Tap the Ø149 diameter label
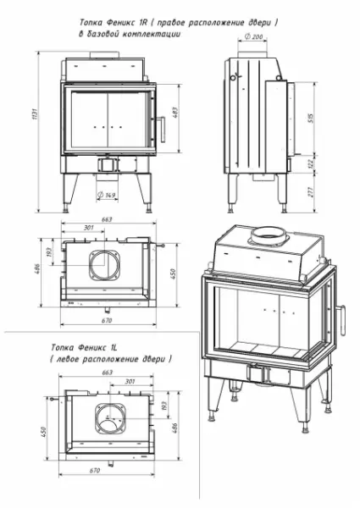click(108, 196)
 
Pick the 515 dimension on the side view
click(311, 118)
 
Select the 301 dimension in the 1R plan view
click(88, 228)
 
